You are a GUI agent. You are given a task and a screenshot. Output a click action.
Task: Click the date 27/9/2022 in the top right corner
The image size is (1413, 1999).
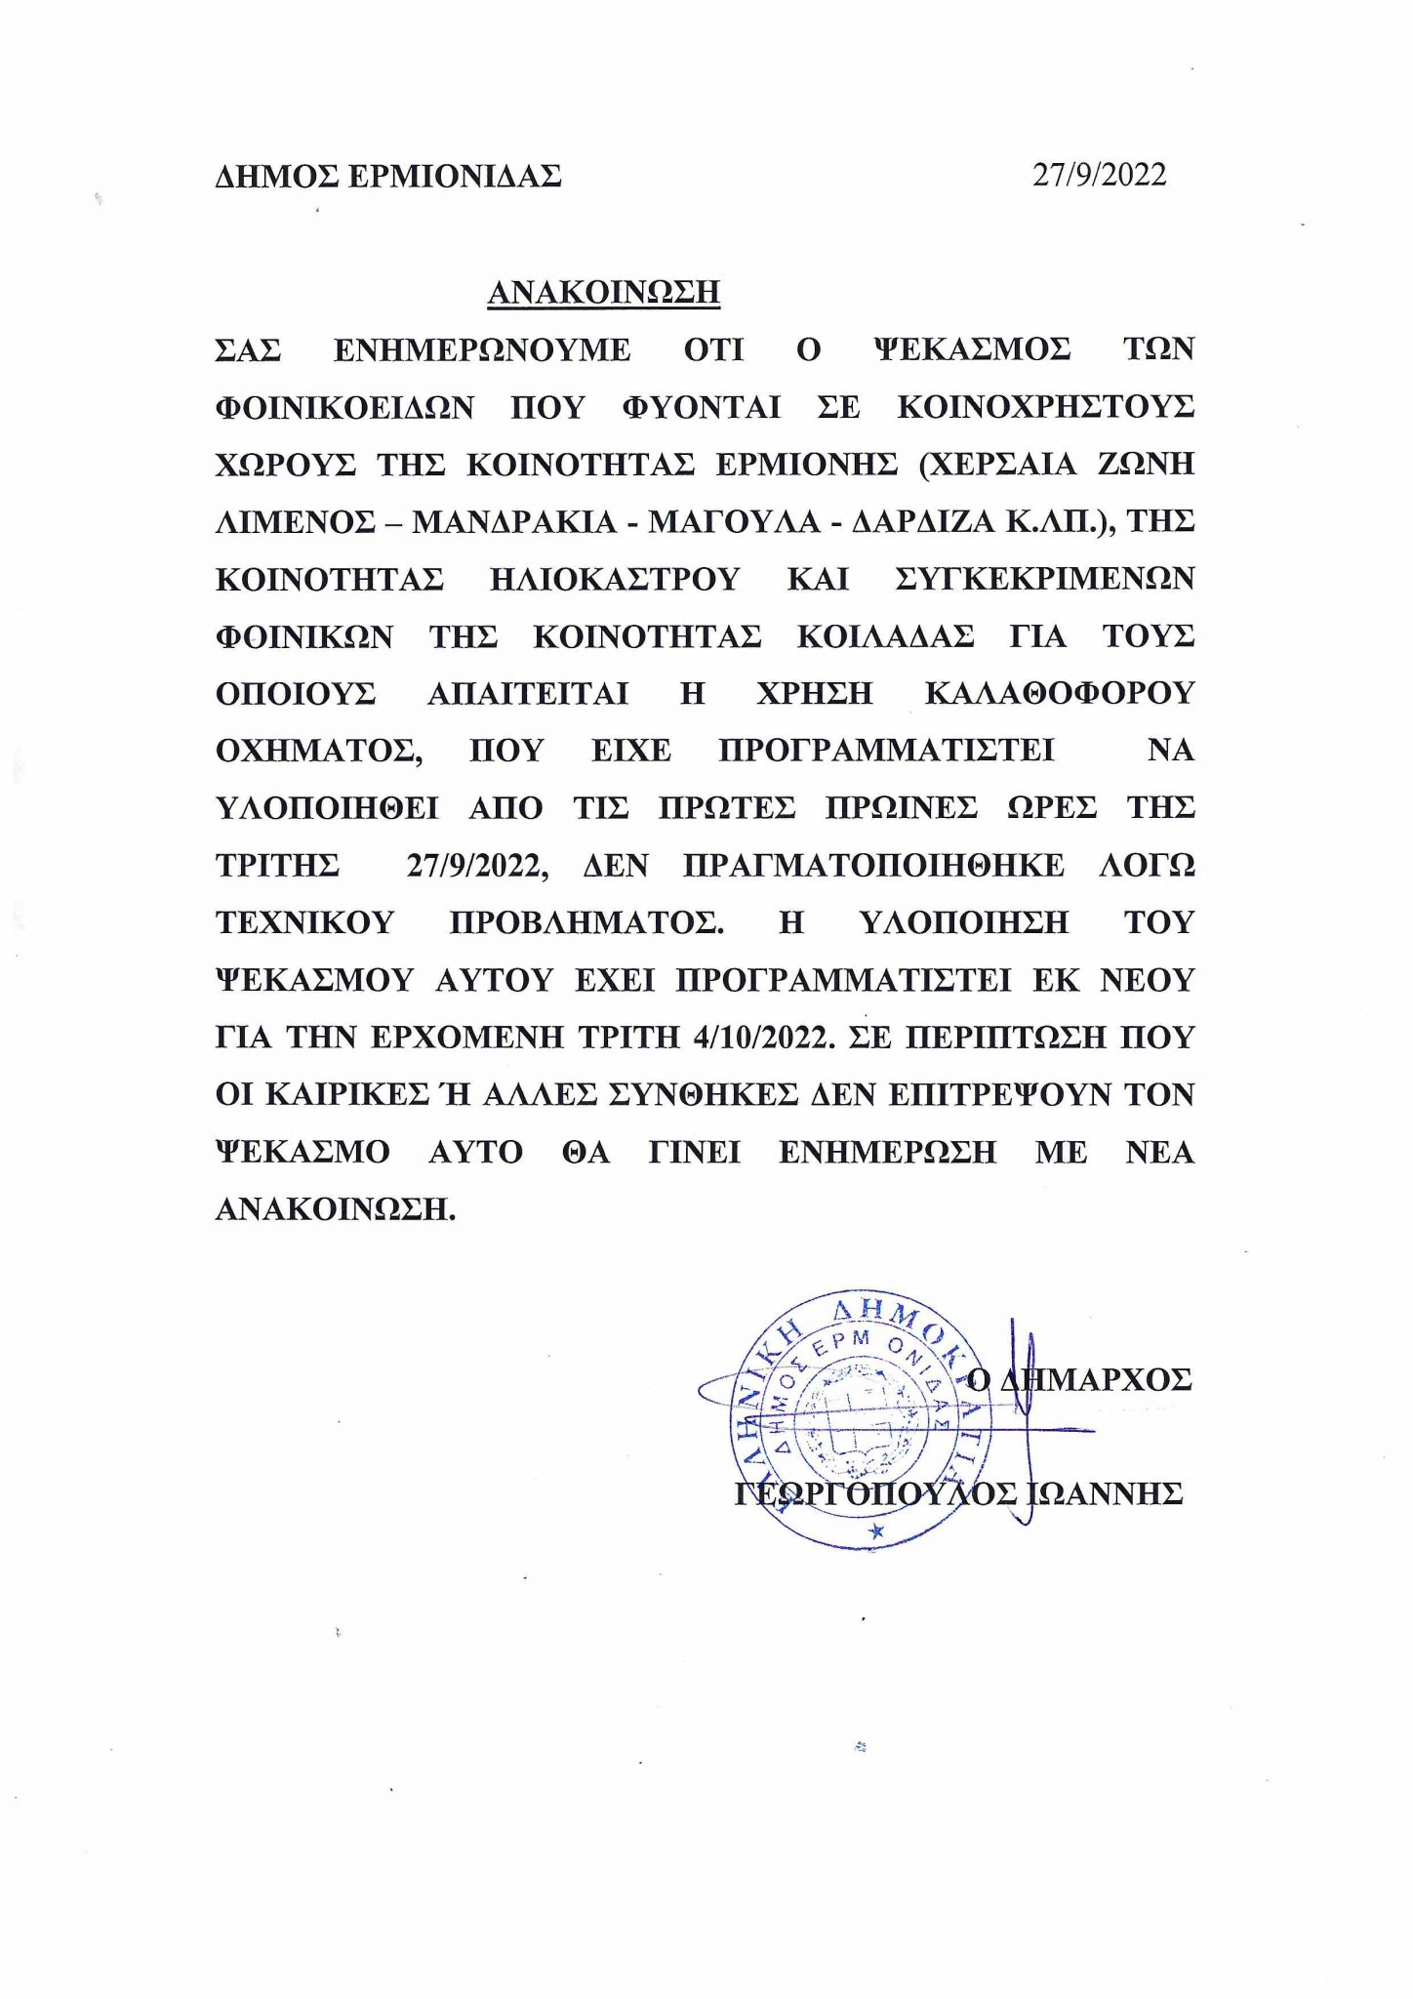pos(1100,175)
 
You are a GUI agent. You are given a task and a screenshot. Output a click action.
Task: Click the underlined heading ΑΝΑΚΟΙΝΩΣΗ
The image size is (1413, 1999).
pos(603,292)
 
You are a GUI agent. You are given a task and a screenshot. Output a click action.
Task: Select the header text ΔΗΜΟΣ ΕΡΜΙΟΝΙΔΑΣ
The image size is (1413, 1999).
pos(388,177)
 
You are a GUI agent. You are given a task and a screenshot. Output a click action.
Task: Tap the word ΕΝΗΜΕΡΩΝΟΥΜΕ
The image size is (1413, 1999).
pos(482,349)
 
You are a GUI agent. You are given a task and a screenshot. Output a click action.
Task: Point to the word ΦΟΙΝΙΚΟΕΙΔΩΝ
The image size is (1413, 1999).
pos(344,407)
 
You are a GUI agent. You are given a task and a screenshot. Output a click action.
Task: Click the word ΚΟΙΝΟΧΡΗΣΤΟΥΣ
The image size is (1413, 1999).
pos(1045,407)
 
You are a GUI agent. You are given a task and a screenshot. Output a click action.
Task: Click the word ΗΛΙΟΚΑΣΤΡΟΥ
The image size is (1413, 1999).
pos(615,579)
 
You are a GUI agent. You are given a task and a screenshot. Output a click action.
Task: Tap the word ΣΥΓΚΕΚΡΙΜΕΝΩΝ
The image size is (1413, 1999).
pos(1044,579)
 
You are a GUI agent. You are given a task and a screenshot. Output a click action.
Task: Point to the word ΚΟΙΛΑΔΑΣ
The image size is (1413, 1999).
pos(885,636)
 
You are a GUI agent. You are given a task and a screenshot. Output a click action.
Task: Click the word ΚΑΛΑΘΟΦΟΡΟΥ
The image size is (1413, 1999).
pos(1059,693)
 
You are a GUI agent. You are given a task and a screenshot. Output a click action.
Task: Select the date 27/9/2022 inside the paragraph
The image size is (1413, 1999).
pos(477,866)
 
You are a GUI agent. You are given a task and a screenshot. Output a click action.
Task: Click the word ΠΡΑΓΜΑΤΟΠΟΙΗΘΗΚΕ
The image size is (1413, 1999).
pos(873,866)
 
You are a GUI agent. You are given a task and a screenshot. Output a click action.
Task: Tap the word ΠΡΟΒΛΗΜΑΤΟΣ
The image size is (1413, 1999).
pos(586,922)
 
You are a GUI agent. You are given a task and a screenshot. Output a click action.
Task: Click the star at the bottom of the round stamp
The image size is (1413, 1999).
pos(875,1532)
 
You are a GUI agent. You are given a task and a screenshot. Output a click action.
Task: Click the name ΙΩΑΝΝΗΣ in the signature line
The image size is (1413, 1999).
pos(1106,1493)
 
